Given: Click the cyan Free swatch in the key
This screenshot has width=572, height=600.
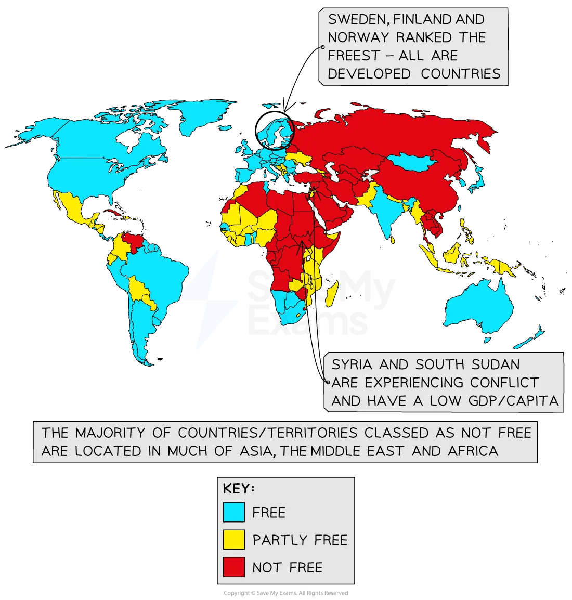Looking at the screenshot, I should [x=233, y=512].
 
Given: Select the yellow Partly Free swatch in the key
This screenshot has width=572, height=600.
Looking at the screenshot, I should [x=233, y=540].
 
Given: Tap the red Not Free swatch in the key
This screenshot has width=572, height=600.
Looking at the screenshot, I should [x=233, y=567].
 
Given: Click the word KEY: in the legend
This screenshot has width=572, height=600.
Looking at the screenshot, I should [x=239, y=489].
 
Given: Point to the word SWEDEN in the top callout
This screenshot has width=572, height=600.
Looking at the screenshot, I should [x=358, y=20].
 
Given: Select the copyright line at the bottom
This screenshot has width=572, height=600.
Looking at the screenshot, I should [x=285, y=593].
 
